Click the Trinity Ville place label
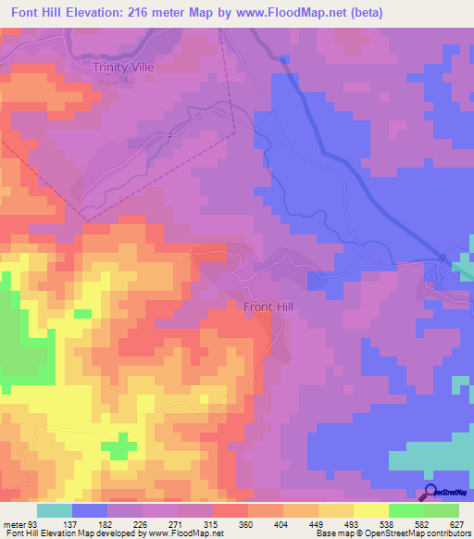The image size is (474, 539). (122, 68)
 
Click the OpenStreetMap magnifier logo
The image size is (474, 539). (430, 492)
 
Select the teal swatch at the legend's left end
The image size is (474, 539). (55, 510)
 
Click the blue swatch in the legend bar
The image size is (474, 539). (90, 510)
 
